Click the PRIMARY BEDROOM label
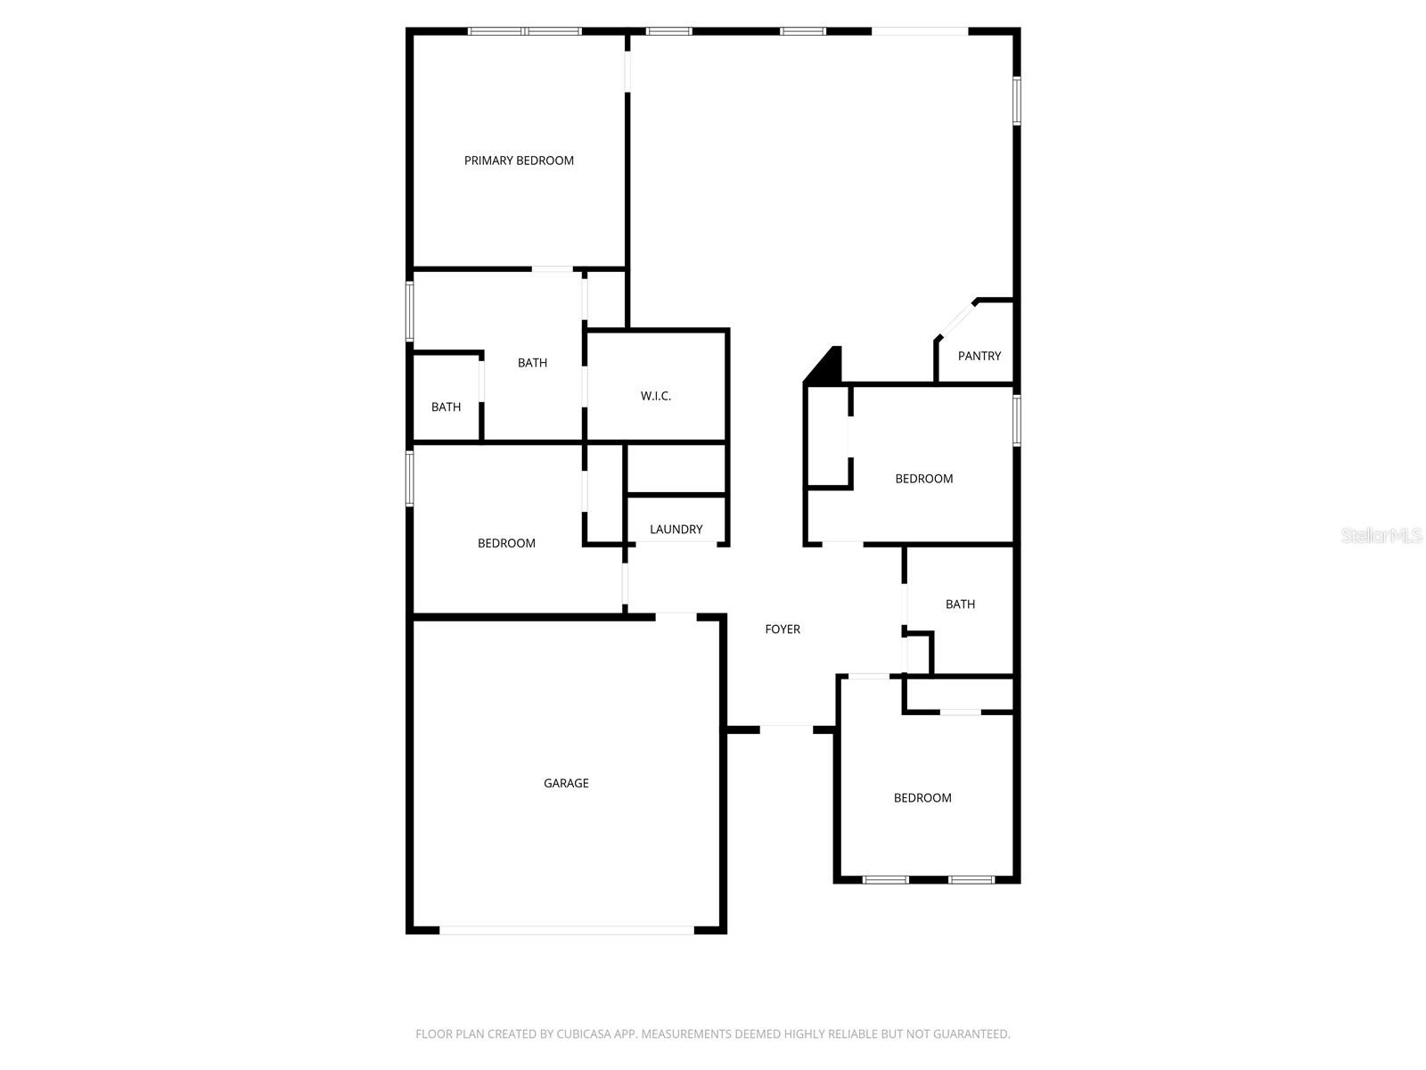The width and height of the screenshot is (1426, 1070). tap(519, 160)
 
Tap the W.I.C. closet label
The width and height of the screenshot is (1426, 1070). tap(655, 396)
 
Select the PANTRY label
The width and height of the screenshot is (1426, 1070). tap(979, 356)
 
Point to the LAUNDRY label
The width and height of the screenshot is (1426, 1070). tap(676, 529)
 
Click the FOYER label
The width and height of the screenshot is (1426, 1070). tap(783, 630)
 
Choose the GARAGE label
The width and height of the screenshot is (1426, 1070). tap(566, 783)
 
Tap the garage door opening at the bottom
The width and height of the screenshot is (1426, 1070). tap(566, 930)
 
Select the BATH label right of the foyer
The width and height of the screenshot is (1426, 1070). tap(960, 605)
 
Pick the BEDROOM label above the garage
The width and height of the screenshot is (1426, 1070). tap(506, 543)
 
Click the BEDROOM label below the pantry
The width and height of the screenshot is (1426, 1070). tap(924, 479)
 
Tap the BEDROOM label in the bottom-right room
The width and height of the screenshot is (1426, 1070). tap(922, 798)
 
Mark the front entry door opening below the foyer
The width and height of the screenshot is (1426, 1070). tap(786, 728)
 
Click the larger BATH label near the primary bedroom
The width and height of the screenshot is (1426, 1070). tap(532, 363)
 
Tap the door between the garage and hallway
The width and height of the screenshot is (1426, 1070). tap(676, 614)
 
